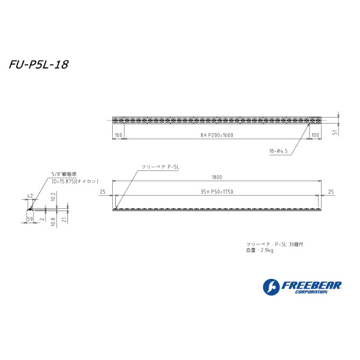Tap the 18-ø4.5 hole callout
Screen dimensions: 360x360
click(x=278, y=152)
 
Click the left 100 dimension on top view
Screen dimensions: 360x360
click(x=118, y=136)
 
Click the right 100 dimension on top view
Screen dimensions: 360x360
click(x=316, y=136)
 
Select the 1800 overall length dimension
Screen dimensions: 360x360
click(x=217, y=177)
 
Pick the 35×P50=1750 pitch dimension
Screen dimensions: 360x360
click(x=217, y=192)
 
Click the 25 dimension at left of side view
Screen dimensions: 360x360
click(x=103, y=192)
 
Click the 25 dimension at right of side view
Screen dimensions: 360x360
click(x=331, y=192)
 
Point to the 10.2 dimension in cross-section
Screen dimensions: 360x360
click(x=53, y=196)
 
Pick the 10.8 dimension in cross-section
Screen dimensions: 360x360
click(x=53, y=220)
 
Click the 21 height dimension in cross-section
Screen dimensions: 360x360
click(x=64, y=220)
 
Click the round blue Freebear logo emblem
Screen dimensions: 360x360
click(x=271, y=287)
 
